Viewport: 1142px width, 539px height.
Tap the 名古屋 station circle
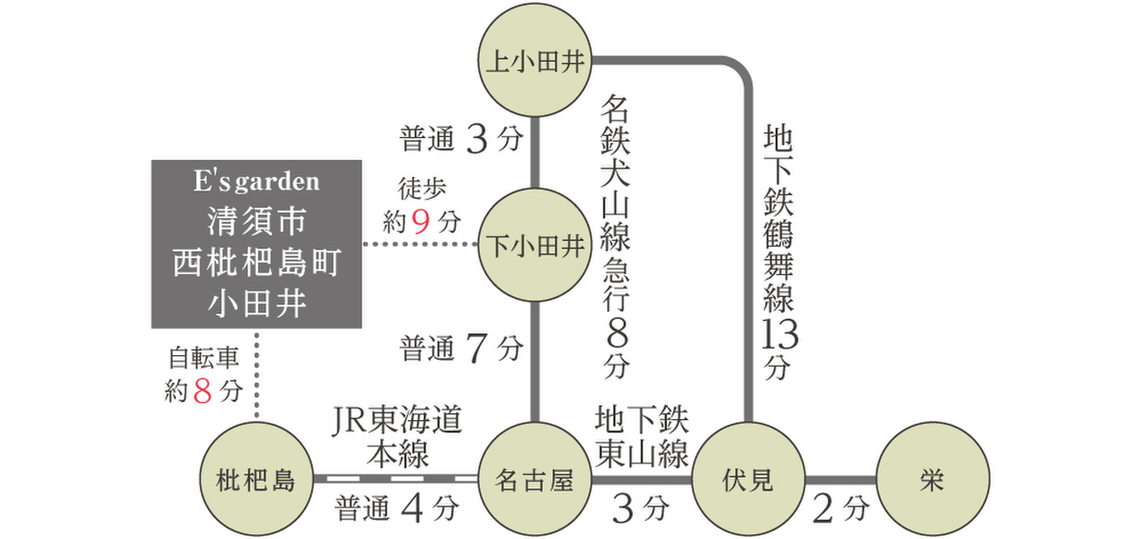pyautogui.click(x=534, y=481)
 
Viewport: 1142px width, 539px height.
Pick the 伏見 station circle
pyautogui.click(x=747, y=481)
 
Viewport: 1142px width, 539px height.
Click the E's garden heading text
pyautogui.click(x=257, y=181)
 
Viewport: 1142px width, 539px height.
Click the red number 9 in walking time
pyautogui.click(x=423, y=222)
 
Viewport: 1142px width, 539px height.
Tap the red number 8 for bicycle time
pyautogui.click(x=202, y=390)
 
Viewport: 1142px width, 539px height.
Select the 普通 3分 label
pyautogui.click(x=461, y=141)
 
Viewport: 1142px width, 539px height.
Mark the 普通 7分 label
pyautogui.click(x=461, y=349)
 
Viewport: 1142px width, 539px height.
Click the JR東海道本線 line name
pyautogui.click(x=398, y=437)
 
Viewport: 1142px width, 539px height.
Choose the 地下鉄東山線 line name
pyautogui.click(x=641, y=437)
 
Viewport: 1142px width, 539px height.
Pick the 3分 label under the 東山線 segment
pyautogui.click(x=640, y=509)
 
